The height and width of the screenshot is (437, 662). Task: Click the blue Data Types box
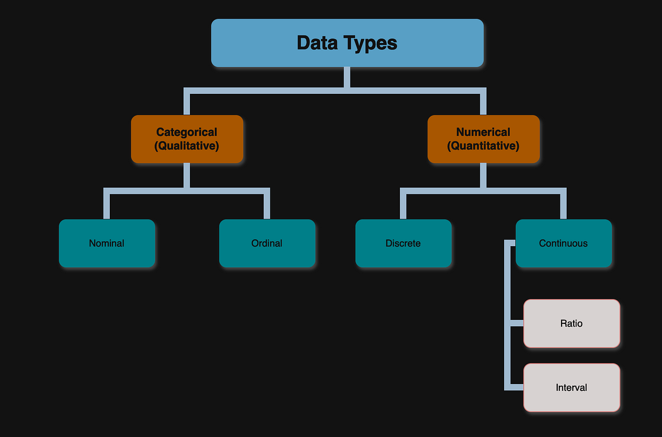tap(348, 42)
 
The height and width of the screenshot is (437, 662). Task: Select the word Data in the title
tap(318, 42)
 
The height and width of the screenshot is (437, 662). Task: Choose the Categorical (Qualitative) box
tap(187, 139)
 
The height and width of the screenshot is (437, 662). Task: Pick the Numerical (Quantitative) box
tap(483, 139)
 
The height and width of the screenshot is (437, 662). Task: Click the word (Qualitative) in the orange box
tap(187, 146)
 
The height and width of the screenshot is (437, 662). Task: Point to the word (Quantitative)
tap(483, 146)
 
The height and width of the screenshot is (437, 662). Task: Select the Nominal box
tap(106, 243)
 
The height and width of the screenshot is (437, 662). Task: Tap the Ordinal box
tap(267, 243)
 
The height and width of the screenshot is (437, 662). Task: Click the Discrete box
tap(403, 243)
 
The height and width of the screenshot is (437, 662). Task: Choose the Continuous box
tap(563, 243)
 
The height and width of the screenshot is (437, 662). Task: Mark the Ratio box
tap(572, 323)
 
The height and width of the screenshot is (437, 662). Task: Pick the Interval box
tap(572, 387)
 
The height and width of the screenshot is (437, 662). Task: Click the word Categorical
tap(187, 132)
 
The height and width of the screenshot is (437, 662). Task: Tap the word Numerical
tap(483, 132)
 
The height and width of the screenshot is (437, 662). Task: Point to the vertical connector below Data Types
tap(347, 77)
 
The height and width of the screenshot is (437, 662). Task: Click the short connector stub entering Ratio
tap(515, 323)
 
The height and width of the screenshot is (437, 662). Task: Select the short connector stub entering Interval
tap(515, 387)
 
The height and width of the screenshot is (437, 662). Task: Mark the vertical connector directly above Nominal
tap(106, 205)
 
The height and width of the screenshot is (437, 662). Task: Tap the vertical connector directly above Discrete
tap(403, 205)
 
